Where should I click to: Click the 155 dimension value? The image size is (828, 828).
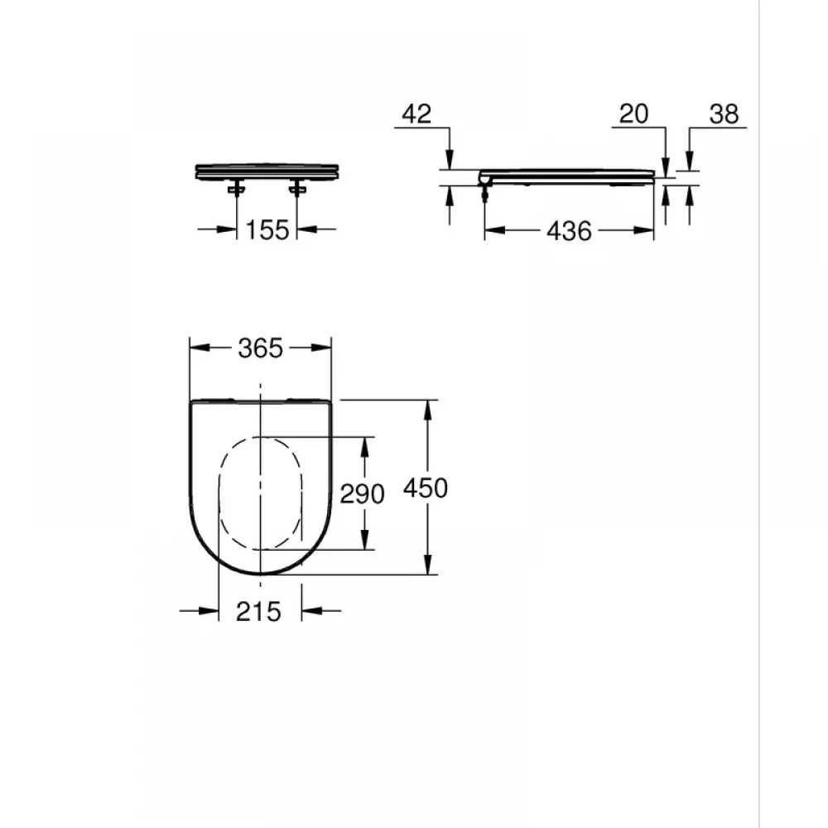pyautogui.click(x=267, y=229)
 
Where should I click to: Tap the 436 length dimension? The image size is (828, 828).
pyautogui.click(x=569, y=231)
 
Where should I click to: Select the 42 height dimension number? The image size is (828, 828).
pyautogui.click(x=416, y=113)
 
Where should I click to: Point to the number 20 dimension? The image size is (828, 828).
pyautogui.click(x=633, y=113)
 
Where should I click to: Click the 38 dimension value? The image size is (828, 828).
pyautogui.click(x=724, y=113)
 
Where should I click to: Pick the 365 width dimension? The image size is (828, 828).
pyautogui.click(x=260, y=348)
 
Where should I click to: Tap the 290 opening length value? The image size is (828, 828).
pyautogui.click(x=362, y=494)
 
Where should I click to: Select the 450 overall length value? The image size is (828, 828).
pyautogui.click(x=425, y=488)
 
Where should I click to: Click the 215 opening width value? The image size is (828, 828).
pyautogui.click(x=258, y=612)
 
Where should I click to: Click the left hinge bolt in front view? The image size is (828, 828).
pyautogui.click(x=236, y=189)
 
